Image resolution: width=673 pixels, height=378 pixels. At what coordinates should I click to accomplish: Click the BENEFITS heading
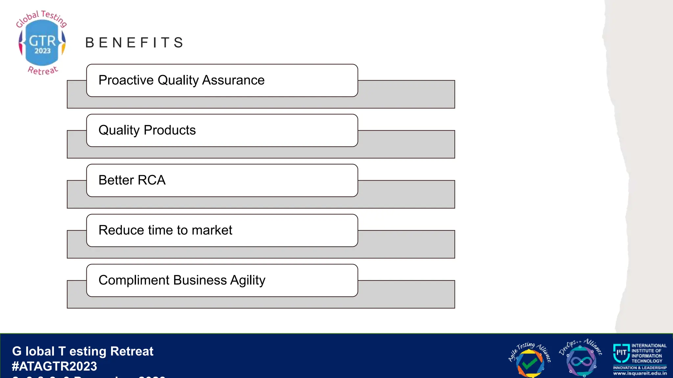click(134, 43)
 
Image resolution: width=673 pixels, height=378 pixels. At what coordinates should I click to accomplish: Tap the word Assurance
click(233, 80)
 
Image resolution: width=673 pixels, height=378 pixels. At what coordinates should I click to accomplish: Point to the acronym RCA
click(151, 180)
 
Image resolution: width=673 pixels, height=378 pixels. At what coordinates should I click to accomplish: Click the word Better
click(116, 180)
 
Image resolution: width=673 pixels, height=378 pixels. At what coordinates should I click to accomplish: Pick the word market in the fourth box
click(212, 230)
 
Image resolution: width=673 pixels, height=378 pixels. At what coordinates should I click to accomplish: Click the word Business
click(200, 281)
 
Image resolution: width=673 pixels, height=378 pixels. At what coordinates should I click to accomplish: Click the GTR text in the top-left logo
click(42, 41)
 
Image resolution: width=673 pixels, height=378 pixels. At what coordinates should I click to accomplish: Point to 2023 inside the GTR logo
click(43, 51)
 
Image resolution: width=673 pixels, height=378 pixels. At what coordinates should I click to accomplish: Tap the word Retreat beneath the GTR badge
click(43, 70)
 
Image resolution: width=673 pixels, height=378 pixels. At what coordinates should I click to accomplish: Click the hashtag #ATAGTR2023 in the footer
click(55, 367)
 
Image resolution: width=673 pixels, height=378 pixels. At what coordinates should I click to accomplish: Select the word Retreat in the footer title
click(132, 351)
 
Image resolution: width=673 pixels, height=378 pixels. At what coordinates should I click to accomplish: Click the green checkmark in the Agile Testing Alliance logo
click(529, 363)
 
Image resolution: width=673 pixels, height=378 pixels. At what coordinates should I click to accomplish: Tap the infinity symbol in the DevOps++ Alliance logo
click(581, 362)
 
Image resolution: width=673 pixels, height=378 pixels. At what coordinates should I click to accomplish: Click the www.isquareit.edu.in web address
click(640, 373)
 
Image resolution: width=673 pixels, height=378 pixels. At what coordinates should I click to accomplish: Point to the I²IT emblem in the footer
click(621, 353)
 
